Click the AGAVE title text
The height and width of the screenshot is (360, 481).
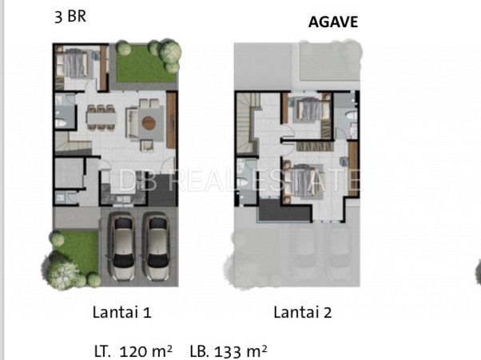333,22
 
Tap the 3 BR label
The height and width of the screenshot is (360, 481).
70,16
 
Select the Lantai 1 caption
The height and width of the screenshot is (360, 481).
122,313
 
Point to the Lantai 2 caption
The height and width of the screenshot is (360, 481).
303,313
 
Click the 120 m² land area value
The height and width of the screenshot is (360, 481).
145,351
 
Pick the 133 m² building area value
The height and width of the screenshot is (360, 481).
240,351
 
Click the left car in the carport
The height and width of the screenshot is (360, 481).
123,247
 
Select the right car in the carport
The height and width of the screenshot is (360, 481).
157,247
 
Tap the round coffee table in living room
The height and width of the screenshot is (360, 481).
149,123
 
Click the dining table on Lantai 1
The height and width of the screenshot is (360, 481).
101,117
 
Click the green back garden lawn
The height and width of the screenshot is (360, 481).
143,66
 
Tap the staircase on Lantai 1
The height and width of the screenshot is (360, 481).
73,144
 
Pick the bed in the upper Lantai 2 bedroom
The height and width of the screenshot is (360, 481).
311,109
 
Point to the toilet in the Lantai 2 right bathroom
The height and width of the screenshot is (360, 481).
352,115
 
